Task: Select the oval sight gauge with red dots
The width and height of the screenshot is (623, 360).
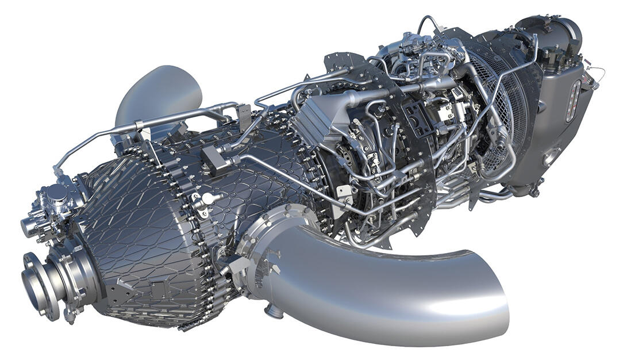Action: coord(573,101)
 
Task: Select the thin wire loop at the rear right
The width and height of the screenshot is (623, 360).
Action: coord(598,75)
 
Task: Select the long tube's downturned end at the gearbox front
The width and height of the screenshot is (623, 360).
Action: coord(57,170)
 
